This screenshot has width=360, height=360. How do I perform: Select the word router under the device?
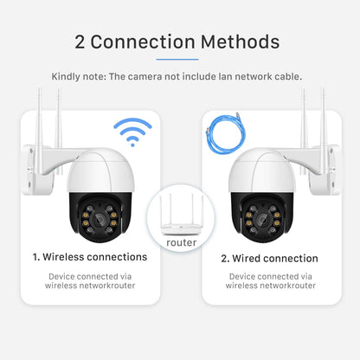[x=181, y=242]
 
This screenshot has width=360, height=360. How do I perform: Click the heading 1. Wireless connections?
[x=91, y=257]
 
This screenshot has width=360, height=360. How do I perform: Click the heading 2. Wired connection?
[x=269, y=258]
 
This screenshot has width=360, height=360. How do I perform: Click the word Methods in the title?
[x=239, y=42]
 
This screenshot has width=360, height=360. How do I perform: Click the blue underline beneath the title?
[x=179, y=60]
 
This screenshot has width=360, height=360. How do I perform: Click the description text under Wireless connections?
[x=91, y=280]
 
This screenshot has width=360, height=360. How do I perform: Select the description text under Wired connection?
[x=269, y=280]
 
